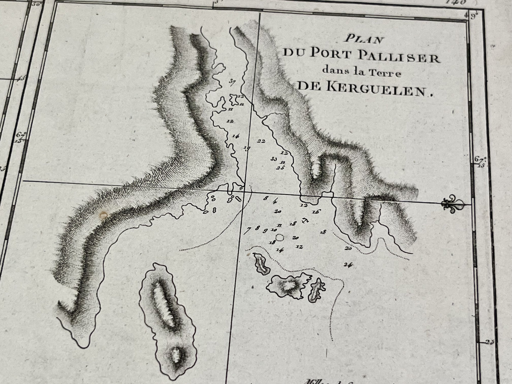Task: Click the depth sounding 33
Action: point(274,159)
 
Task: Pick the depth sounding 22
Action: point(261,141)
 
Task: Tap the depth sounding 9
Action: point(265,231)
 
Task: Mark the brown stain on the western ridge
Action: point(103,215)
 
